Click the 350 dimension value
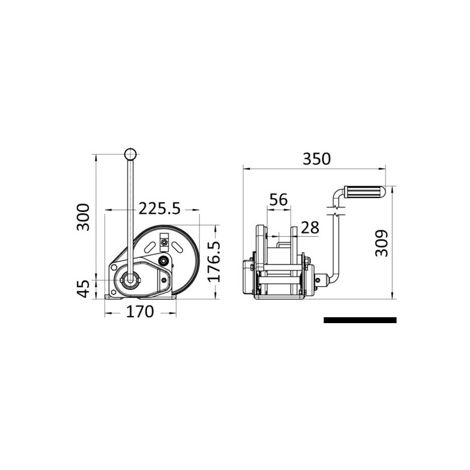click(x=317, y=159)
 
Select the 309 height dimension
click(x=381, y=243)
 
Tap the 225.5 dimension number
click(x=159, y=209)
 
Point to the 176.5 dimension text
click(x=214, y=261)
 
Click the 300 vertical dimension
click(x=83, y=217)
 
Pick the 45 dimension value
click(x=83, y=288)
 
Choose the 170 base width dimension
click(x=140, y=312)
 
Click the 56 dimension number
click(x=278, y=200)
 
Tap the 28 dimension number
click(x=310, y=228)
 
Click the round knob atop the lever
click(x=130, y=154)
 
